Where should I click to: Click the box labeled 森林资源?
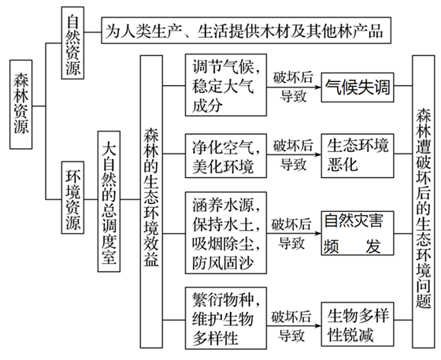21,102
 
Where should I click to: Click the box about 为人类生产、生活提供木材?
244,32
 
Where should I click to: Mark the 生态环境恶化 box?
359,155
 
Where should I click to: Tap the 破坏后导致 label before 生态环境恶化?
295,154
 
